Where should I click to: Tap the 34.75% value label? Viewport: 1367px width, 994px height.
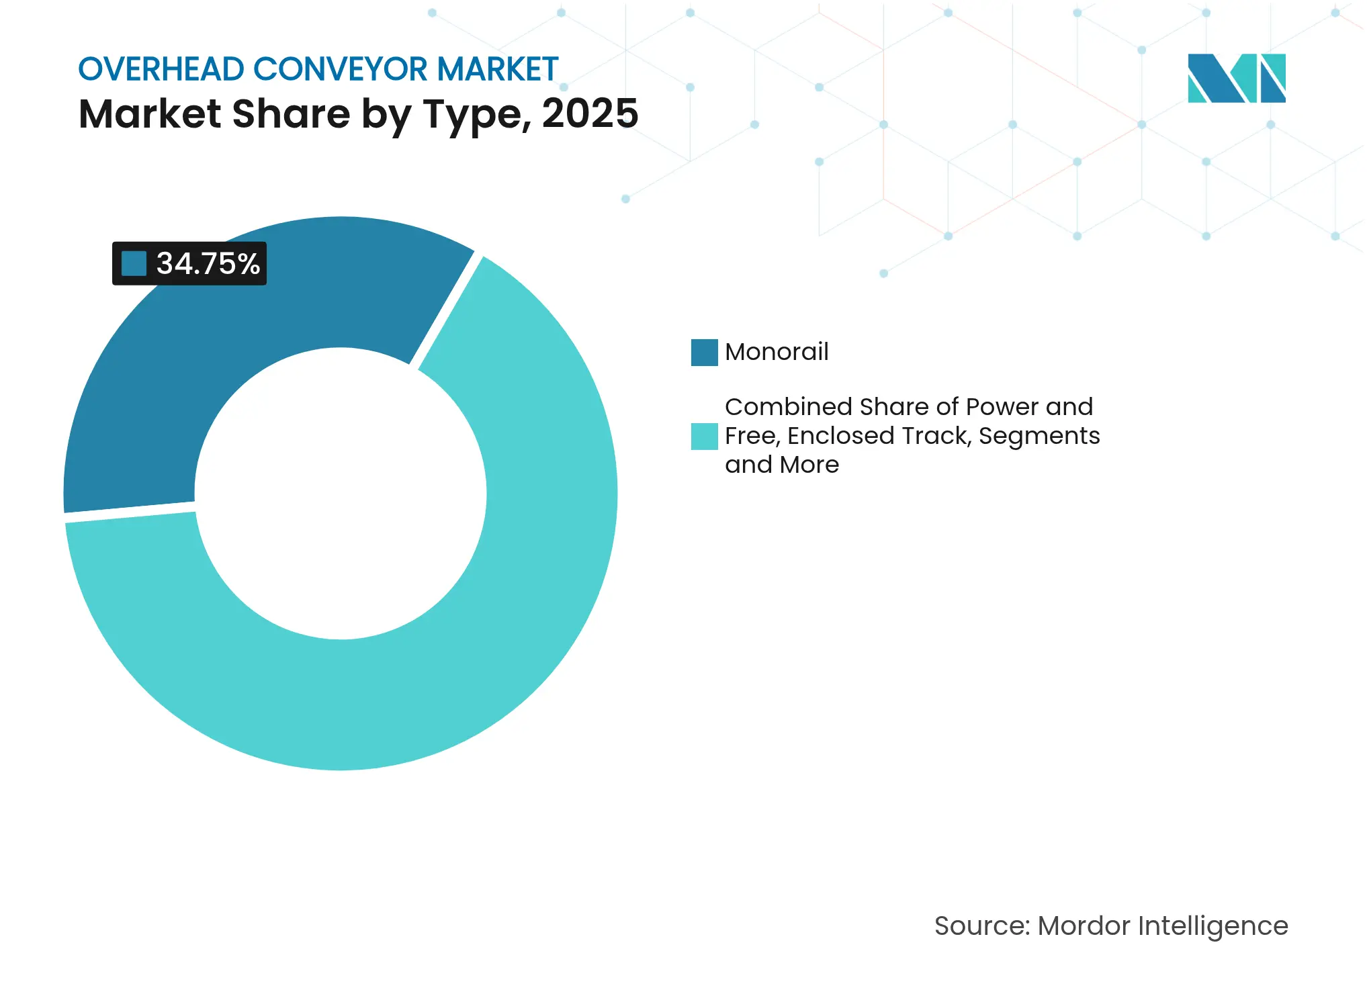click(208, 263)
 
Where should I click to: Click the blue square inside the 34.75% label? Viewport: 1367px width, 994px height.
click(134, 263)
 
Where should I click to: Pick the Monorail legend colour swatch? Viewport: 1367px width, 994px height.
click(704, 353)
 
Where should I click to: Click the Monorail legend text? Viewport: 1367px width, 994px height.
click(777, 352)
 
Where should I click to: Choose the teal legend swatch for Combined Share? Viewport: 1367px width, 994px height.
click(704, 436)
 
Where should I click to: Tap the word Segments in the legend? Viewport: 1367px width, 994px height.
click(1039, 436)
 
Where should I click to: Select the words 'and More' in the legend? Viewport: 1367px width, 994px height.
click(782, 465)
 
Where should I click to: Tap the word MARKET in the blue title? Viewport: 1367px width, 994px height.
click(498, 69)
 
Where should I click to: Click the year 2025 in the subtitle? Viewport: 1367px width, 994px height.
click(590, 114)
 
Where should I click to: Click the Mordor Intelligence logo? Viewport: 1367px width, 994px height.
click(1236, 78)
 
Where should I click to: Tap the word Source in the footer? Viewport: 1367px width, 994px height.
click(981, 926)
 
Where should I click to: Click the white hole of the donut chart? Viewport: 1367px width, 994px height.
click(341, 494)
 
